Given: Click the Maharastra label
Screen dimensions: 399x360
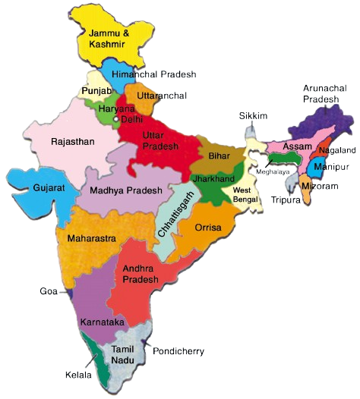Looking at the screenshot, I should point(91,238).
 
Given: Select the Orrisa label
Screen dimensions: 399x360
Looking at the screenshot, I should point(208,227).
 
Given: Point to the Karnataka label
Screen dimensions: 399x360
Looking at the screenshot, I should point(102,322).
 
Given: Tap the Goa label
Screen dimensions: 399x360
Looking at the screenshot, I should point(47,291).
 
